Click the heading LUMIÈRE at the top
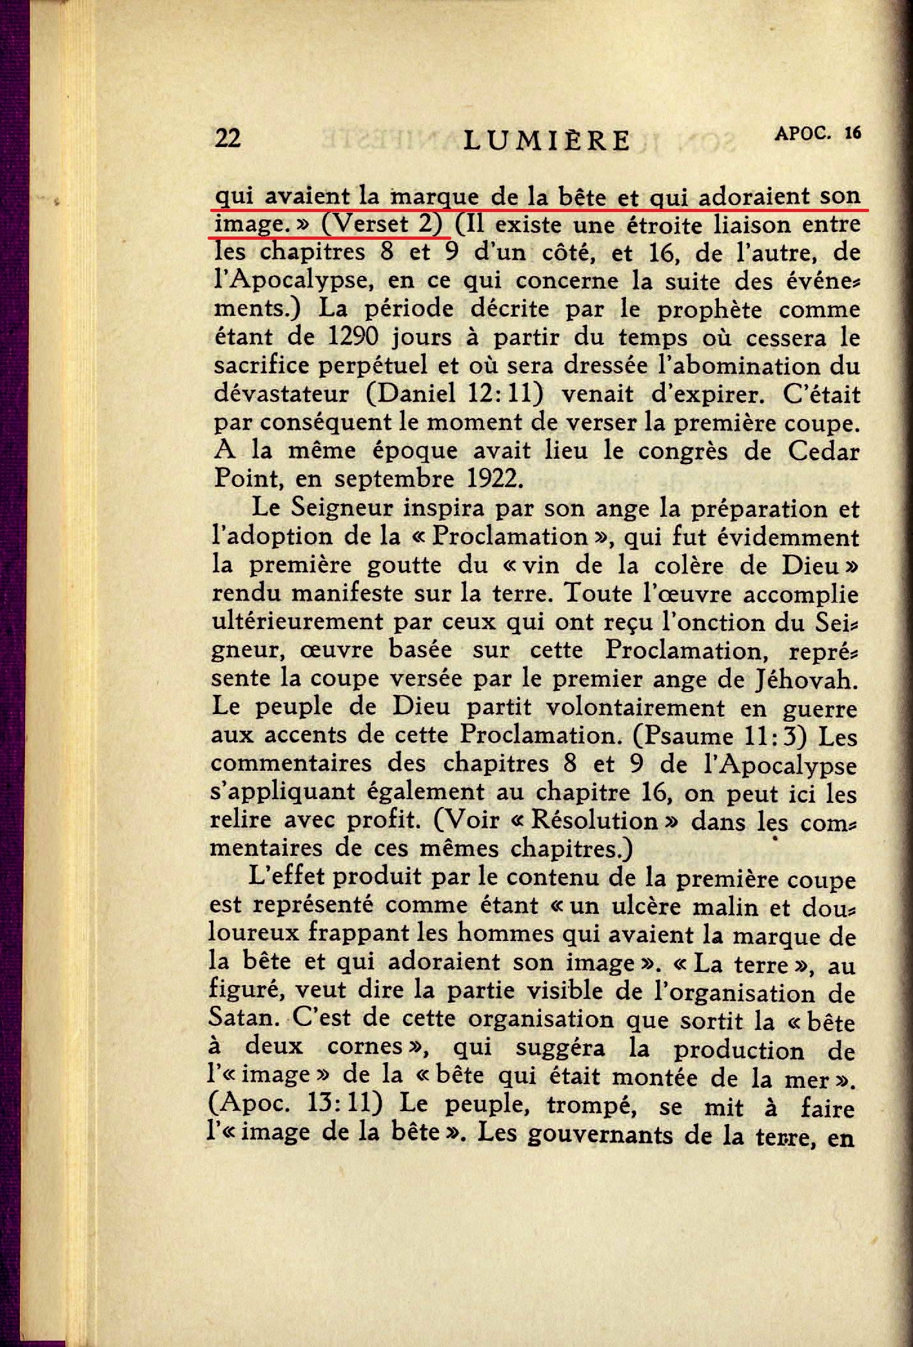[x=547, y=140]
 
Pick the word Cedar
[x=823, y=451]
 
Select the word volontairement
[x=635, y=707]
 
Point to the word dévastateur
[x=281, y=393]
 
